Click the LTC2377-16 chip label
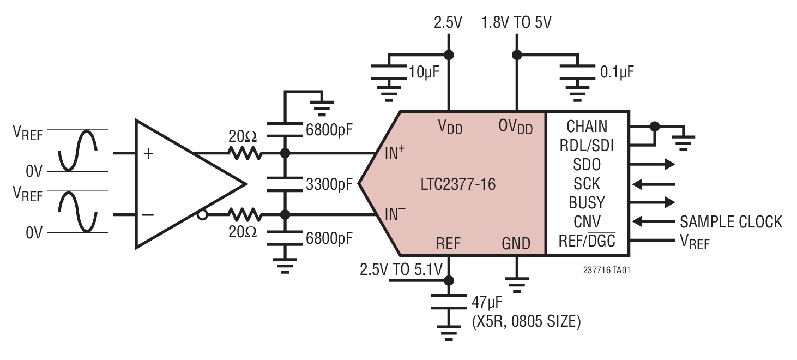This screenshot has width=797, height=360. click(x=458, y=184)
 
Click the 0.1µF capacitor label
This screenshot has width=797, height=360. click(x=617, y=71)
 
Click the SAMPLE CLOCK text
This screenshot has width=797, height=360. click(x=730, y=221)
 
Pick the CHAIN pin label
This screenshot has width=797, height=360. click(x=587, y=127)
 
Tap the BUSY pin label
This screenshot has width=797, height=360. click(x=587, y=203)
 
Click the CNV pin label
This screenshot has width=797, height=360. click(x=587, y=221)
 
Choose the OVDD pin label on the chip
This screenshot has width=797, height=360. click(x=515, y=127)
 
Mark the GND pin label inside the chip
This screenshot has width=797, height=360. click(x=516, y=243)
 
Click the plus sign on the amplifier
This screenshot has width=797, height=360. click(x=148, y=154)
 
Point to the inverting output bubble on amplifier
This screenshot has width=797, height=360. click(x=202, y=215)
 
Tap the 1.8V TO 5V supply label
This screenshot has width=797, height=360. click(x=516, y=23)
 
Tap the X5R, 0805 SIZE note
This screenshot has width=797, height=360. click(x=526, y=322)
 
